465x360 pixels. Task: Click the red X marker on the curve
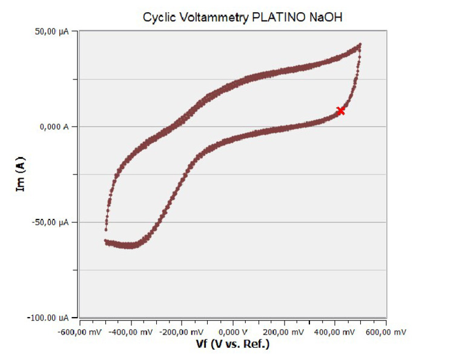coord(341,110)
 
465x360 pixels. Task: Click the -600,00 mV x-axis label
coord(81,333)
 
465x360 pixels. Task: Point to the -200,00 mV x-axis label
coord(182,333)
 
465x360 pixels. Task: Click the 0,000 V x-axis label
coord(233,333)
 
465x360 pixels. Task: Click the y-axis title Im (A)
coord(21,175)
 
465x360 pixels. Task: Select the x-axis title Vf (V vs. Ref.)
coord(233,344)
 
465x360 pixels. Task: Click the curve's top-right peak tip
coord(360,44)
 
